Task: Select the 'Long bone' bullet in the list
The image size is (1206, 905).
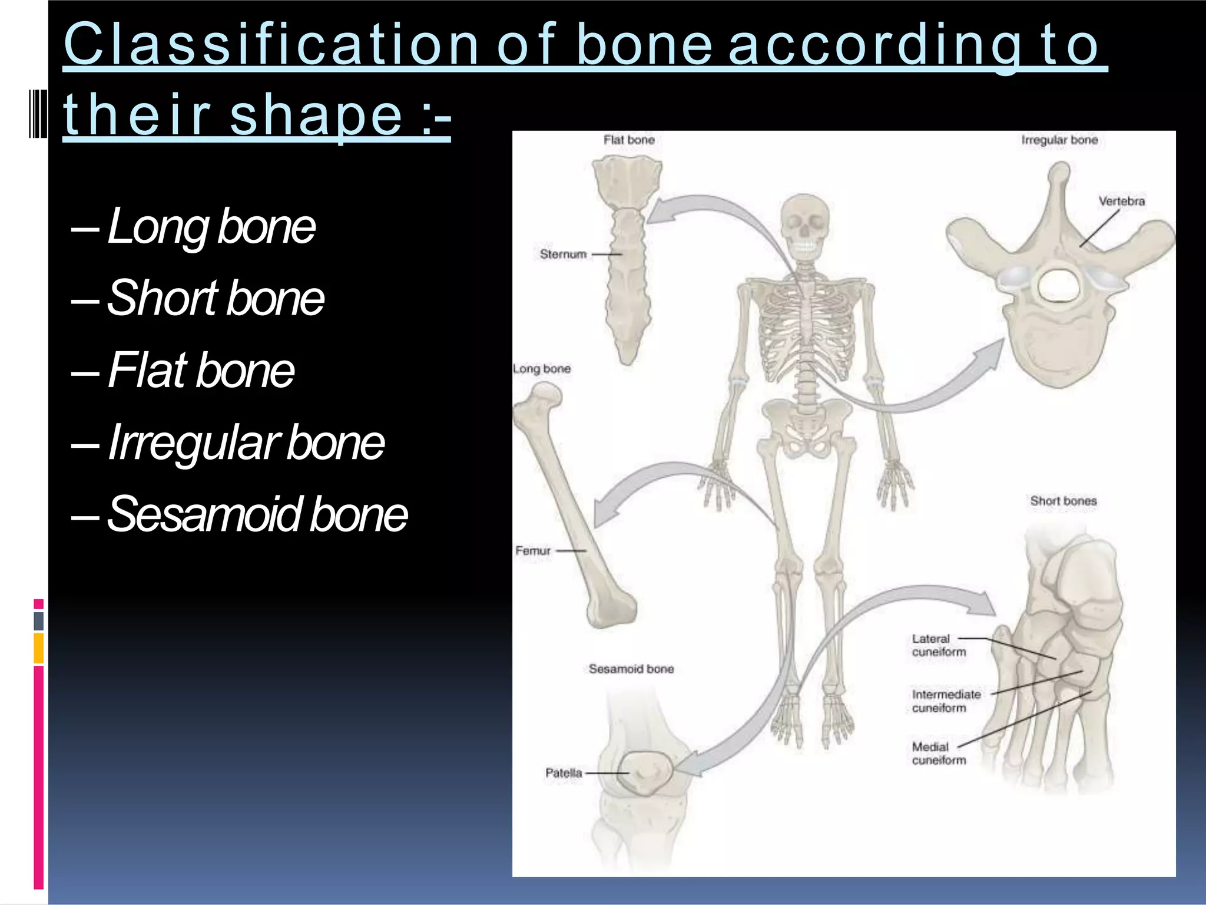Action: tap(211, 226)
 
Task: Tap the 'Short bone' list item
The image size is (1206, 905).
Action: tap(216, 298)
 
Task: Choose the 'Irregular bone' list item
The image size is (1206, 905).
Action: tap(246, 442)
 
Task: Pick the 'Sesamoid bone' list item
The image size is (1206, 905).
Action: tap(257, 514)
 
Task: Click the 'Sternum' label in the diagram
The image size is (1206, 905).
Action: tap(563, 254)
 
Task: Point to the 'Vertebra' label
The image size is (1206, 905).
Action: tap(1121, 201)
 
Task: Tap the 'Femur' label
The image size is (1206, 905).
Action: tap(532, 550)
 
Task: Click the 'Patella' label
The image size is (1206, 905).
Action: tap(563, 772)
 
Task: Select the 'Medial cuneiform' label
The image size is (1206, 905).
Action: tap(939, 754)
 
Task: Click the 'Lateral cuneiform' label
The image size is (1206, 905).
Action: tap(939, 645)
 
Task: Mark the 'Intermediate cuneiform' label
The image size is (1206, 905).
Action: tap(946, 701)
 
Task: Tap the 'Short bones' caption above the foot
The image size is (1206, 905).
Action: tap(1063, 501)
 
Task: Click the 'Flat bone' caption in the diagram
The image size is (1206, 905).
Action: tap(628, 140)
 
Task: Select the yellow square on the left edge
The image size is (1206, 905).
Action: tap(38, 648)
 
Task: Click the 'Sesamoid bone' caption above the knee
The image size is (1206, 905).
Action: tap(631, 669)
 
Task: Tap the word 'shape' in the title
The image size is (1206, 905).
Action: tap(316, 115)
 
